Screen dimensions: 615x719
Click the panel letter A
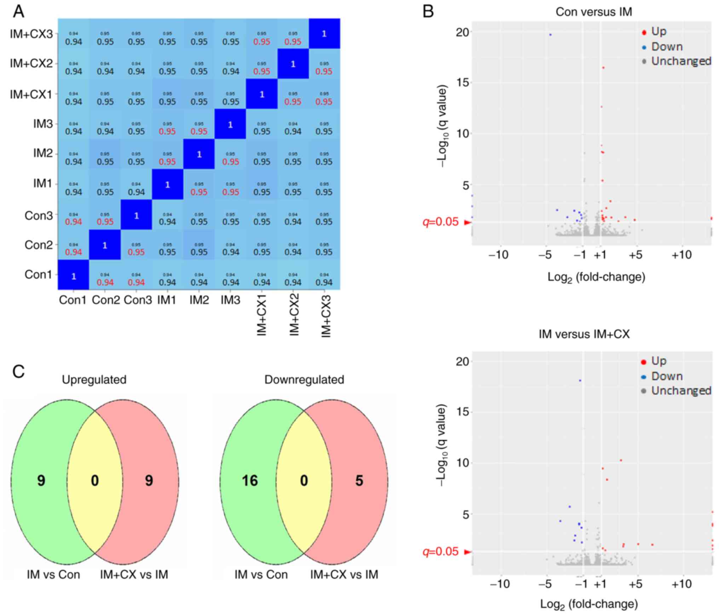(x=18, y=12)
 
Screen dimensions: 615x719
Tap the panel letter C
(x=18, y=372)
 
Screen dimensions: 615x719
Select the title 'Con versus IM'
(x=593, y=12)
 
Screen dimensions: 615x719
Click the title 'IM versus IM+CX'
(x=584, y=334)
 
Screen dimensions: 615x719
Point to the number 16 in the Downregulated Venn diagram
(x=250, y=481)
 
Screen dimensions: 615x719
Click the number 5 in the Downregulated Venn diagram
(x=359, y=481)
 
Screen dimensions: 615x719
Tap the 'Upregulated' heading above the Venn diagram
(x=94, y=379)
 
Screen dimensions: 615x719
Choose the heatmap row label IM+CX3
(x=31, y=34)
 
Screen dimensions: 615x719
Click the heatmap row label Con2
(x=38, y=245)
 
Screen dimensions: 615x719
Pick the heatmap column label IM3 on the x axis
(x=230, y=300)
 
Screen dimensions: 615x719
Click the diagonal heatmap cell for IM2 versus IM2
(x=199, y=154)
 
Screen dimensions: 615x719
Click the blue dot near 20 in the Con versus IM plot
(x=550, y=35)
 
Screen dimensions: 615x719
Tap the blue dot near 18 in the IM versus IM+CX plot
(x=580, y=381)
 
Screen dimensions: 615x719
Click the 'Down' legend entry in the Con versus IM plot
(x=667, y=47)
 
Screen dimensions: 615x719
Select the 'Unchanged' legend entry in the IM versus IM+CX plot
(x=681, y=390)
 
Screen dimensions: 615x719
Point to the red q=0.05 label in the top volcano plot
(x=441, y=222)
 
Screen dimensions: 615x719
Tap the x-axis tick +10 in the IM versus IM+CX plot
(x=681, y=584)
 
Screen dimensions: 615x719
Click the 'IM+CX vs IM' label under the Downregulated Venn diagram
(x=344, y=574)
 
